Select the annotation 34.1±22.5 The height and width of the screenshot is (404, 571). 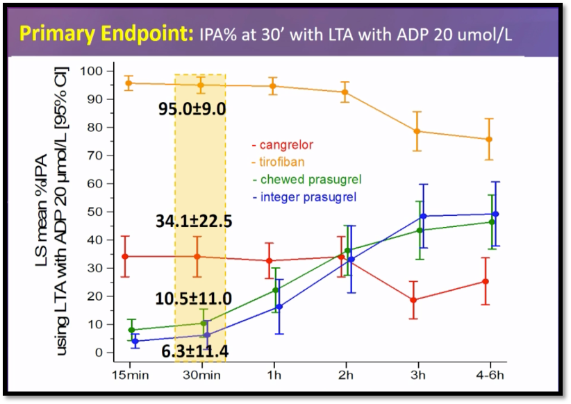[x=194, y=221]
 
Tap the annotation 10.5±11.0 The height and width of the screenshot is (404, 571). [x=194, y=298]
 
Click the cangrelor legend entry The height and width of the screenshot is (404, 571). [x=283, y=145]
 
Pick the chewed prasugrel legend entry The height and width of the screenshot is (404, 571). [x=306, y=180]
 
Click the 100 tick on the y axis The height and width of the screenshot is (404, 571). [x=92, y=71]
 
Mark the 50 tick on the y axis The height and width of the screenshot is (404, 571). [x=95, y=212]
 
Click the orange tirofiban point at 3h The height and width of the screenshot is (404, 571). [x=417, y=131]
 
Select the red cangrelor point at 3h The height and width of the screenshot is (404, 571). [x=414, y=300]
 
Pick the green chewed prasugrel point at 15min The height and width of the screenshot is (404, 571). [x=131, y=330]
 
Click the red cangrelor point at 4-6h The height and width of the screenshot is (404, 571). [x=486, y=281]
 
